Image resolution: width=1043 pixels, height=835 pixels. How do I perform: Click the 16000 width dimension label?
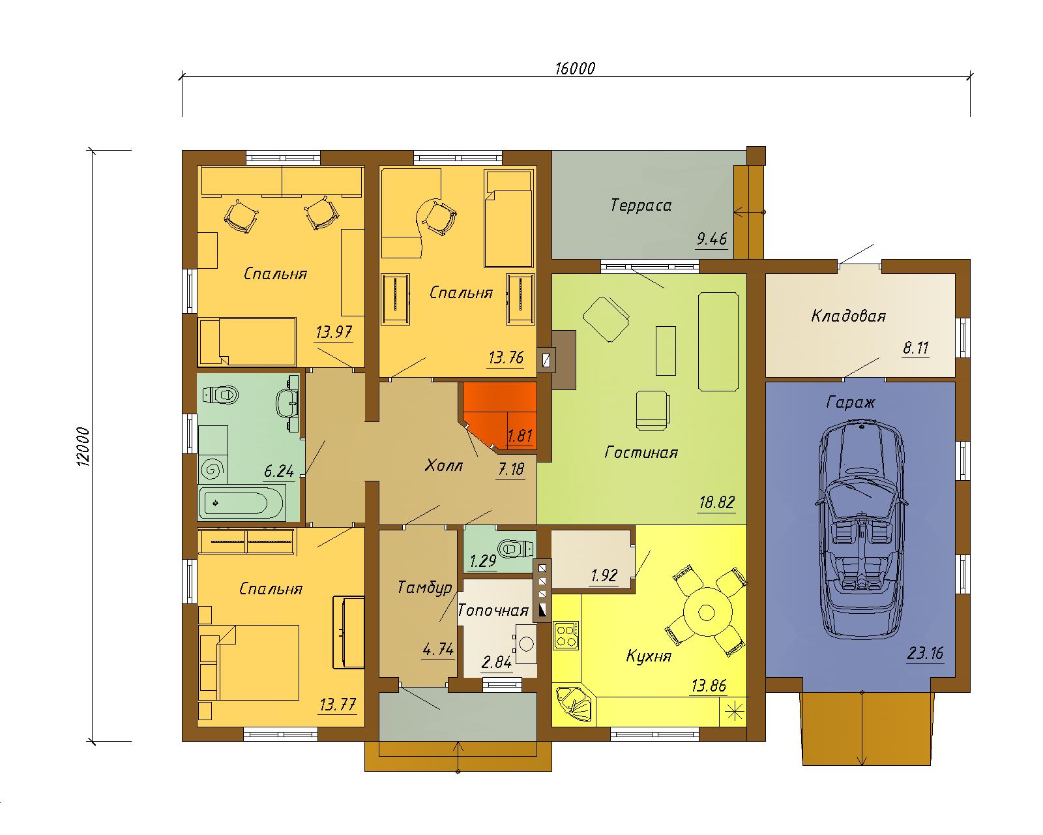coord(575,68)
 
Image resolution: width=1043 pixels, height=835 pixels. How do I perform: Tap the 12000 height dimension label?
coord(83,447)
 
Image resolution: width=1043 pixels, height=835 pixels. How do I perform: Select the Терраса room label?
coord(641,205)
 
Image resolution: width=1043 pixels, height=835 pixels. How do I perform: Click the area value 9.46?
coord(711,239)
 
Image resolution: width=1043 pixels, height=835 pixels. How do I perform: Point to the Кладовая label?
coord(848,316)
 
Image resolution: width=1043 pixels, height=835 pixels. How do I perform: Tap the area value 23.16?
coord(925,653)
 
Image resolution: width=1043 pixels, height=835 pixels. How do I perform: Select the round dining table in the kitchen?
coord(707,613)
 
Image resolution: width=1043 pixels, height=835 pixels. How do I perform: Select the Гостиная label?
coord(641,453)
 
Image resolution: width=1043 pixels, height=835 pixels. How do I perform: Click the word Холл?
coord(443,466)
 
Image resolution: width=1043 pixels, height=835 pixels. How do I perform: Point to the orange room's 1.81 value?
coord(520,436)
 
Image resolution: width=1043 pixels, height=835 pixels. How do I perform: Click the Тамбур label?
coord(424,588)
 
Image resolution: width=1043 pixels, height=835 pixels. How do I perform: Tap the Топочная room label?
coord(493,611)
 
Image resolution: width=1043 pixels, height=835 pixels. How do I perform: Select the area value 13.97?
coord(334,332)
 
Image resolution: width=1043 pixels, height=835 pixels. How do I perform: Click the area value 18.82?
coord(717,502)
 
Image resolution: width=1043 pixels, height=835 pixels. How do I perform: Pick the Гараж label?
coord(851,402)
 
